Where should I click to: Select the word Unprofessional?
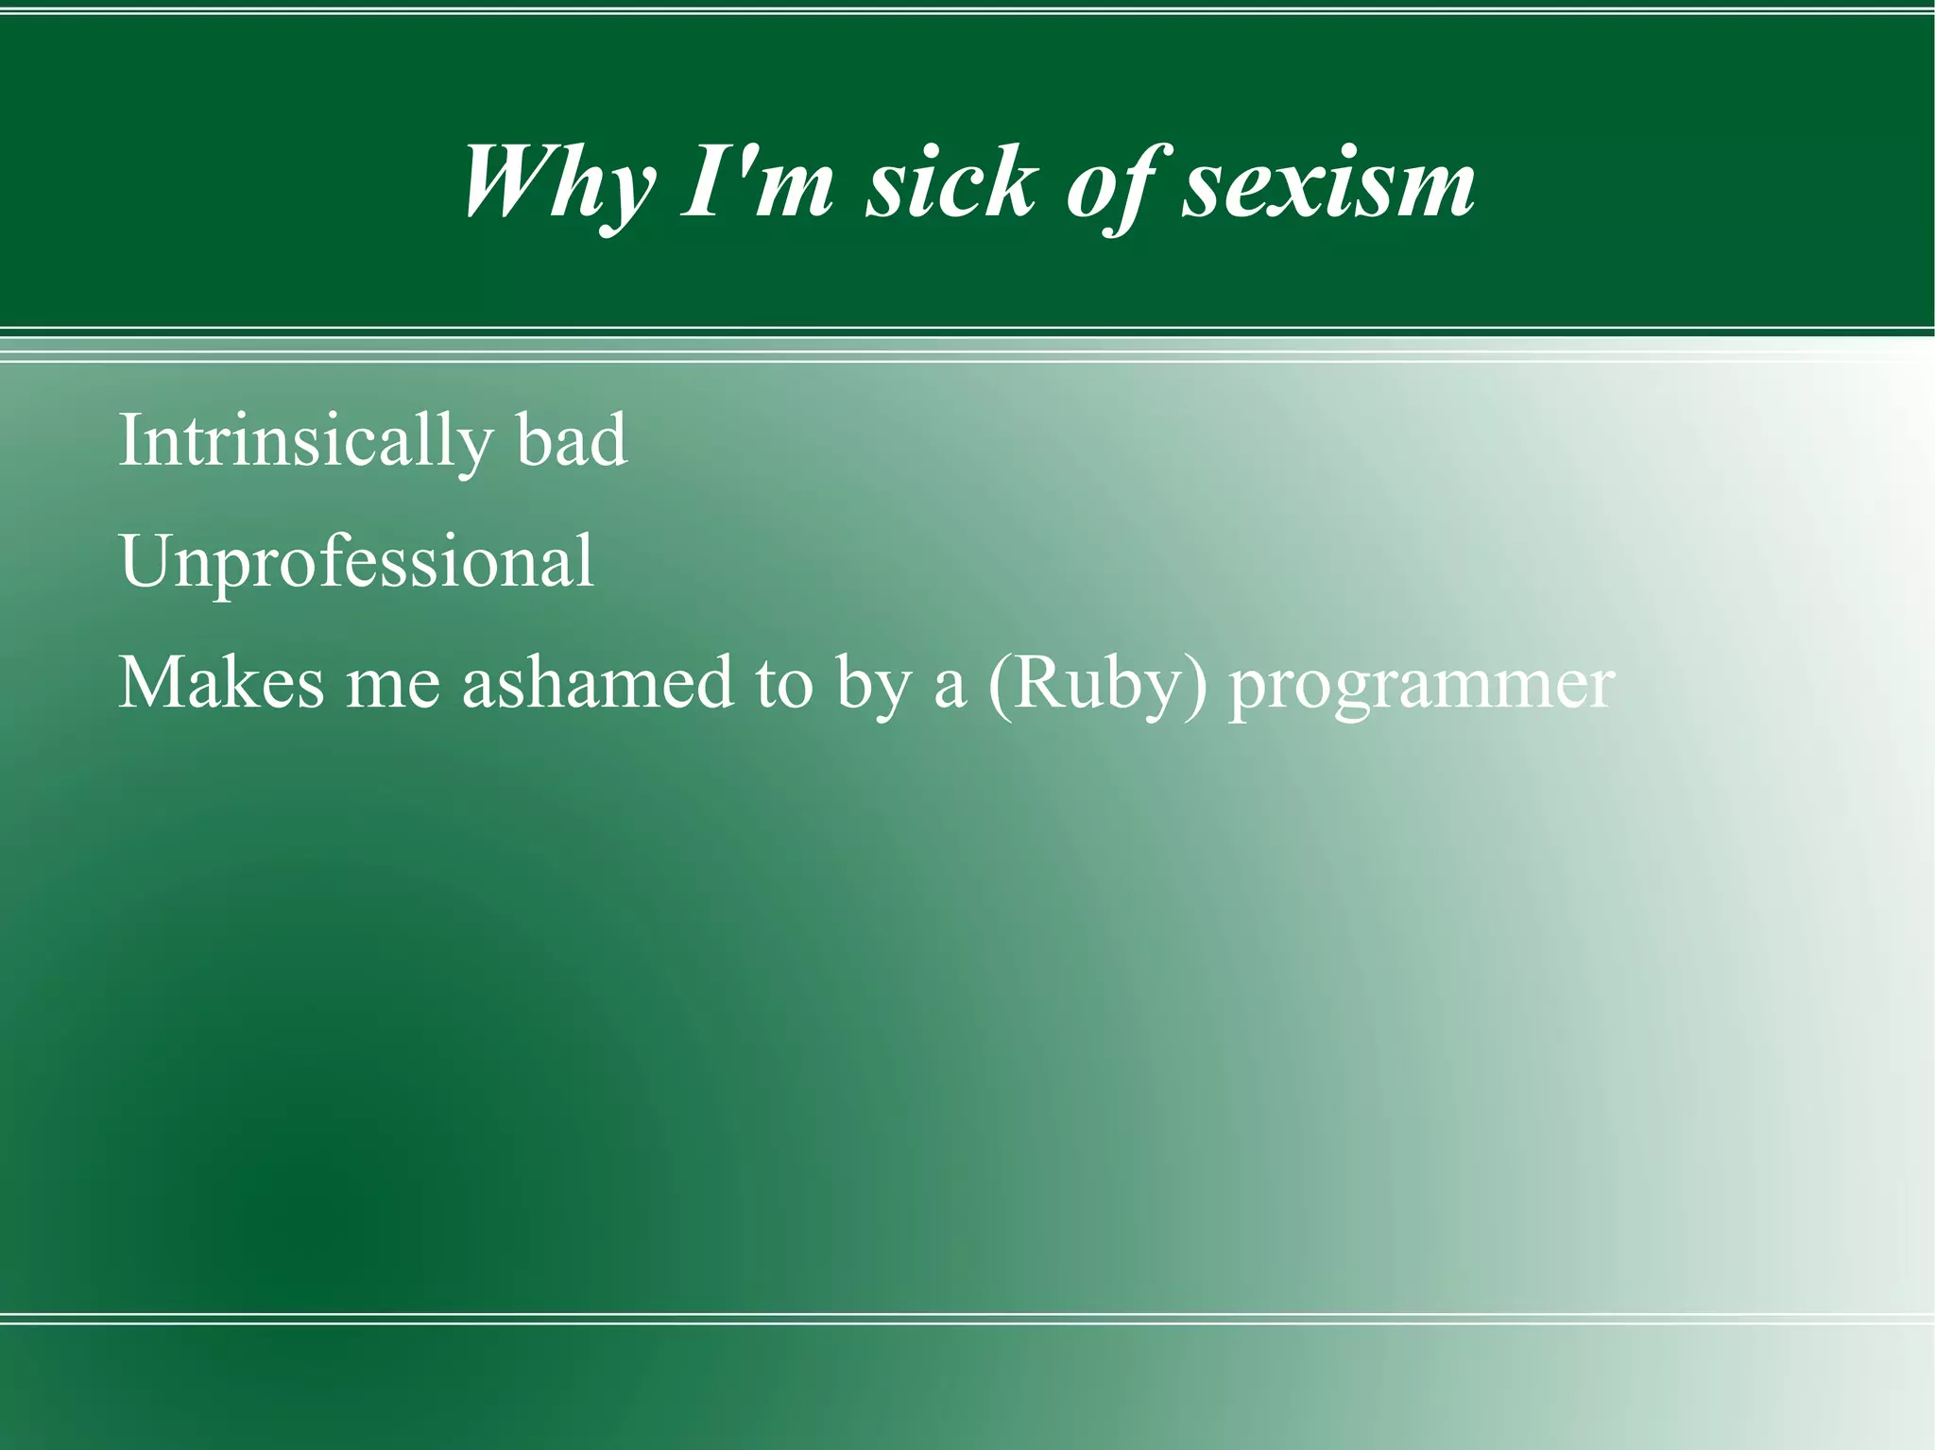tap(356, 562)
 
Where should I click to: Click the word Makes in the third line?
tap(220, 683)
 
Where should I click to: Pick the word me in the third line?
tap(392, 683)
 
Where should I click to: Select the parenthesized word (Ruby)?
tap(1097, 683)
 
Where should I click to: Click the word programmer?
tap(1421, 683)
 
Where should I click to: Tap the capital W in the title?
tap(515, 181)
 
